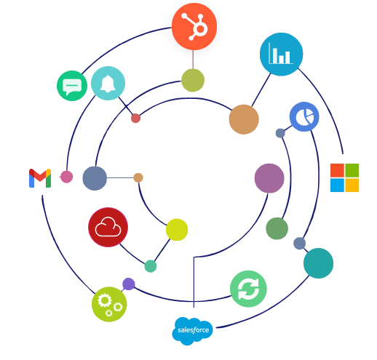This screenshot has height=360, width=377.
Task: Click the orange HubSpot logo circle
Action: point(194,27)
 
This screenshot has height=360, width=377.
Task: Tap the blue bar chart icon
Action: point(281,55)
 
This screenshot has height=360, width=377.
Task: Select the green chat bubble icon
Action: point(72,86)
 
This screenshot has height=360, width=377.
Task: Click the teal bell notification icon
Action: point(108,83)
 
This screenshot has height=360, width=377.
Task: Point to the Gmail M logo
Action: point(40,178)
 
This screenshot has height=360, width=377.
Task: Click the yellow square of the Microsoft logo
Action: point(352,185)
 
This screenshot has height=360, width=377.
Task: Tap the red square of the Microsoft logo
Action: point(337,170)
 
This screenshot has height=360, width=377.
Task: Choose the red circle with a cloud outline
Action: point(108,227)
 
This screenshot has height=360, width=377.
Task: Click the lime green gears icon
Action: point(109,304)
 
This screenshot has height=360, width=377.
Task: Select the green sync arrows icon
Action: point(248,289)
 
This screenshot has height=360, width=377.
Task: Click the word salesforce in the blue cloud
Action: point(193,330)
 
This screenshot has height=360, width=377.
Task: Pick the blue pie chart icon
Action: point(304,116)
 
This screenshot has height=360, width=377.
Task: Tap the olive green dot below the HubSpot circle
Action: point(193,80)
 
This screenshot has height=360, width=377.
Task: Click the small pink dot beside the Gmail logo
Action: point(66,177)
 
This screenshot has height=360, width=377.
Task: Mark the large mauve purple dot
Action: point(269,178)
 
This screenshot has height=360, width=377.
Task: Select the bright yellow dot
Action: point(177,230)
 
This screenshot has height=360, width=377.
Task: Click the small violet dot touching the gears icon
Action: point(129,284)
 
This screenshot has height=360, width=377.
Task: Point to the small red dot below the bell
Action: point(135,119)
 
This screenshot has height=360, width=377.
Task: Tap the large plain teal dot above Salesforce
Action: point(318,263)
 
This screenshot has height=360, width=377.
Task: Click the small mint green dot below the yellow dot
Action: point(151,266)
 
